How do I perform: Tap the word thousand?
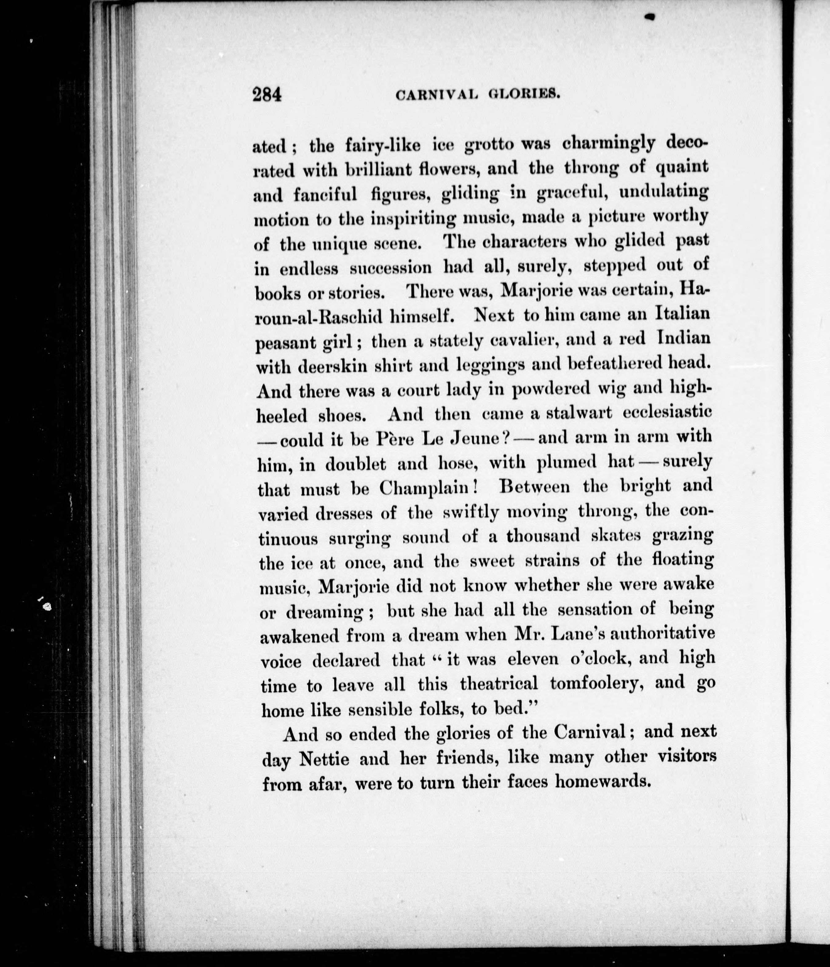(x=543, y=536)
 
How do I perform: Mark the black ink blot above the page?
(x=650, y=17)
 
